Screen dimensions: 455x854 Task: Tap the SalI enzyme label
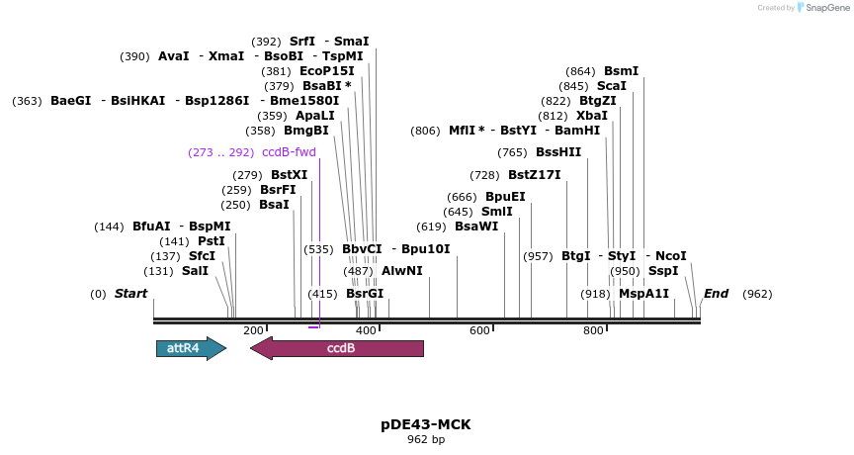[x=195, y=271]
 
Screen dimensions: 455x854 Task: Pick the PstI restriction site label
[x=211, y=241]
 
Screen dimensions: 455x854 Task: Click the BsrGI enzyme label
[x=364, y=294]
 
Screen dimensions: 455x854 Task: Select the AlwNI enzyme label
[x=401, y=271]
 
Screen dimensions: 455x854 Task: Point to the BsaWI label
[x=476, y=227]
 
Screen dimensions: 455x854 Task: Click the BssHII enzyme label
[x=558, y=152]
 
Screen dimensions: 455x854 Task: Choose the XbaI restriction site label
[x=592, y=116]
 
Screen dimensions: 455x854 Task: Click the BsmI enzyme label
[x=621, y=71]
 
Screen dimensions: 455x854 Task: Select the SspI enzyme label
[x=663, y=271]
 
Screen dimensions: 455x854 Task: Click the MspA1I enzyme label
[x=643, y=294]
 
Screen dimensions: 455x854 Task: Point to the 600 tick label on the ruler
[x=480, y=330]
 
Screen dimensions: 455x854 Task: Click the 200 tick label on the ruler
[x=253, y=330]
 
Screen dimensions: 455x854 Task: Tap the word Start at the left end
[x=130, y=294]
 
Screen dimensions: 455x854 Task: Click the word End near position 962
[x=716, y=294]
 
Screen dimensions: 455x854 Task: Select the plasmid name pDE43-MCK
[x=426, y=424]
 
